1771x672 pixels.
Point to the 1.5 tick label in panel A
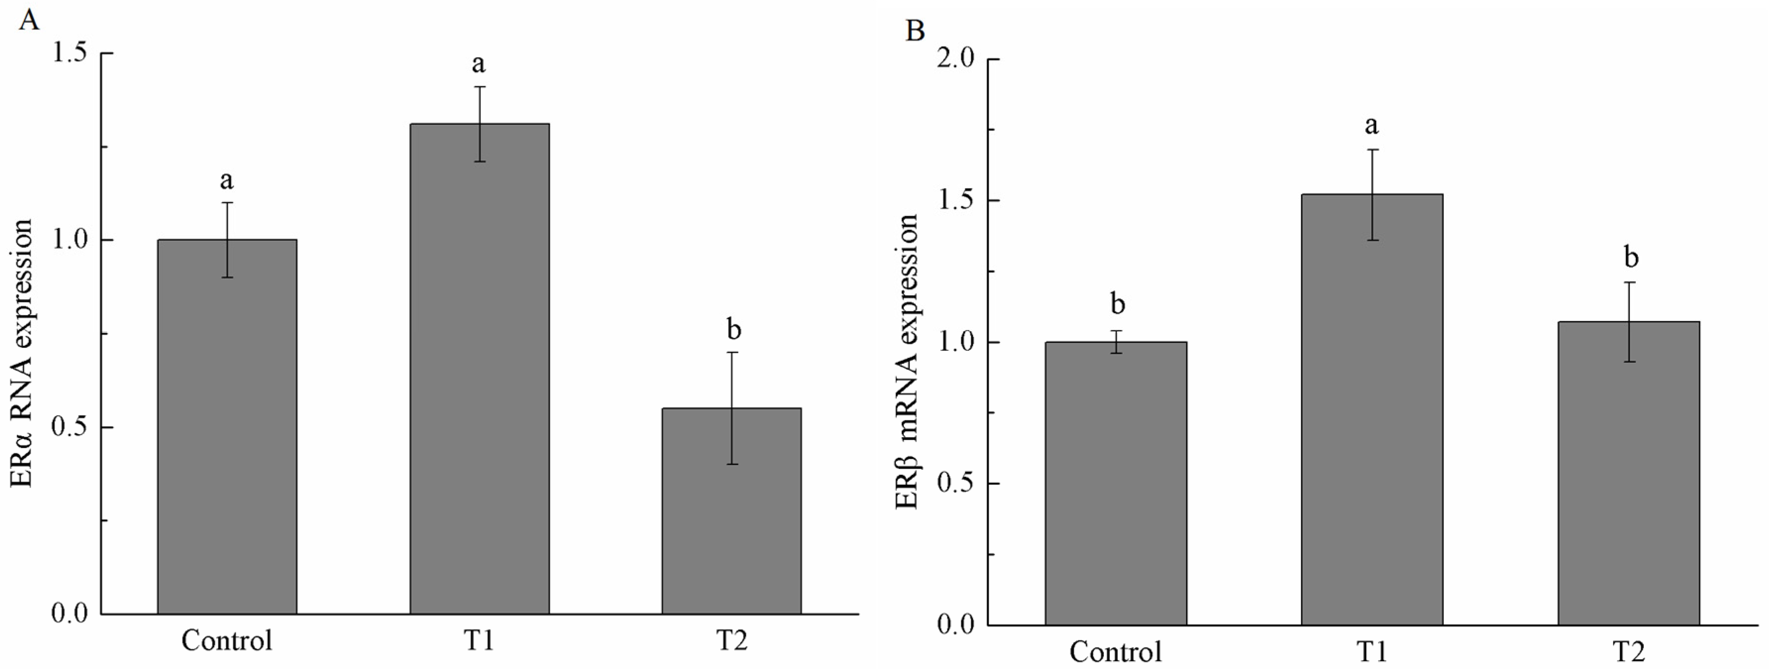point(72,54)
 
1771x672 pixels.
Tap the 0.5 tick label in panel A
point(72,427)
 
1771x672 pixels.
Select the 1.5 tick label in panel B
point(956,201)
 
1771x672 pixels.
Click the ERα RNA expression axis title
point(22,353)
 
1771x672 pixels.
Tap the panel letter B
point(915,31)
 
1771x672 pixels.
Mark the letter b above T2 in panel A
point(733,330)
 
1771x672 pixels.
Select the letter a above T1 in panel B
point(1371,125)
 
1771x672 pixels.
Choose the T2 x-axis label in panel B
point(1628,651)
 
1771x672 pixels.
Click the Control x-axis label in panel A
point(226,640)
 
